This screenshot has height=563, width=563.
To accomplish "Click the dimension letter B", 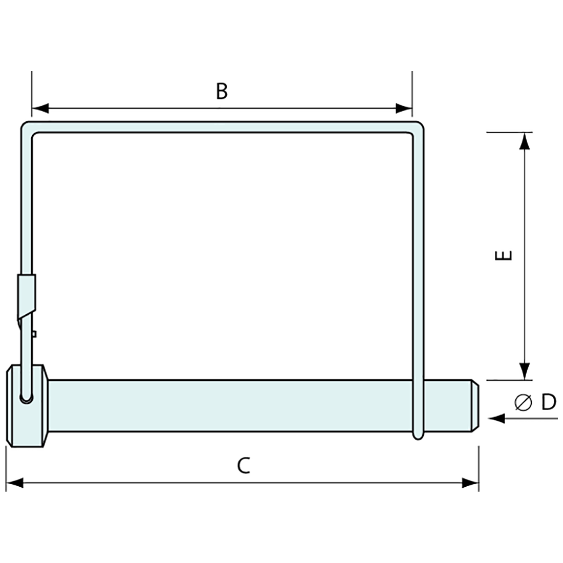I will (x=221, y=91).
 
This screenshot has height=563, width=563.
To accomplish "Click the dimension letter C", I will (x=244, y=465).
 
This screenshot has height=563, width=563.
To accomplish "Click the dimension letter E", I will (x=504, y=255).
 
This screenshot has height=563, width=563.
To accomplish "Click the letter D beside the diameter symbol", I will (x=548, y=403).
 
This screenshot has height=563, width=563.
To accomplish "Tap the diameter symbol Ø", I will (x=522, y=403).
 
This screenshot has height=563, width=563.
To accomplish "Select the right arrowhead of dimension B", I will (x=404, y=109).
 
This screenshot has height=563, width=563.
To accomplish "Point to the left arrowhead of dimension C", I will (x=14, y=483).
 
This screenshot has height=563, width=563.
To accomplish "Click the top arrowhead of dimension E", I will (x=524, y=141).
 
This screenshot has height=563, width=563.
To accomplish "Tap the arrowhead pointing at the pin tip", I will (x=496, y=419).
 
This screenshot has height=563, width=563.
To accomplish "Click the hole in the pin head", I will (x=26, y=397).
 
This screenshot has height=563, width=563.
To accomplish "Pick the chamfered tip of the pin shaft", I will (x=474, y=406).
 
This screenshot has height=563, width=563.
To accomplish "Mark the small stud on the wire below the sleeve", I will (x=33, y=334).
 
